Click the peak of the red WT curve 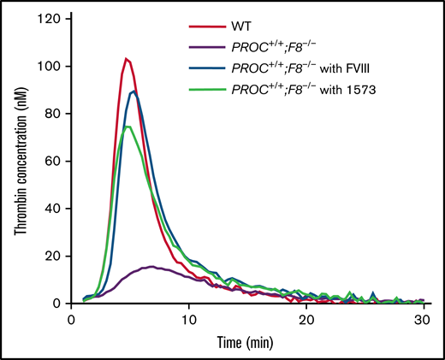tap(126, 59)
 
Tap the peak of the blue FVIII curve tap(133, 91)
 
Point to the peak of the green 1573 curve tap(127, 127)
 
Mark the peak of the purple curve tap(151, 267)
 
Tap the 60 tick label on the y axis tap(56, 162)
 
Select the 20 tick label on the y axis tap(56, 257)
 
